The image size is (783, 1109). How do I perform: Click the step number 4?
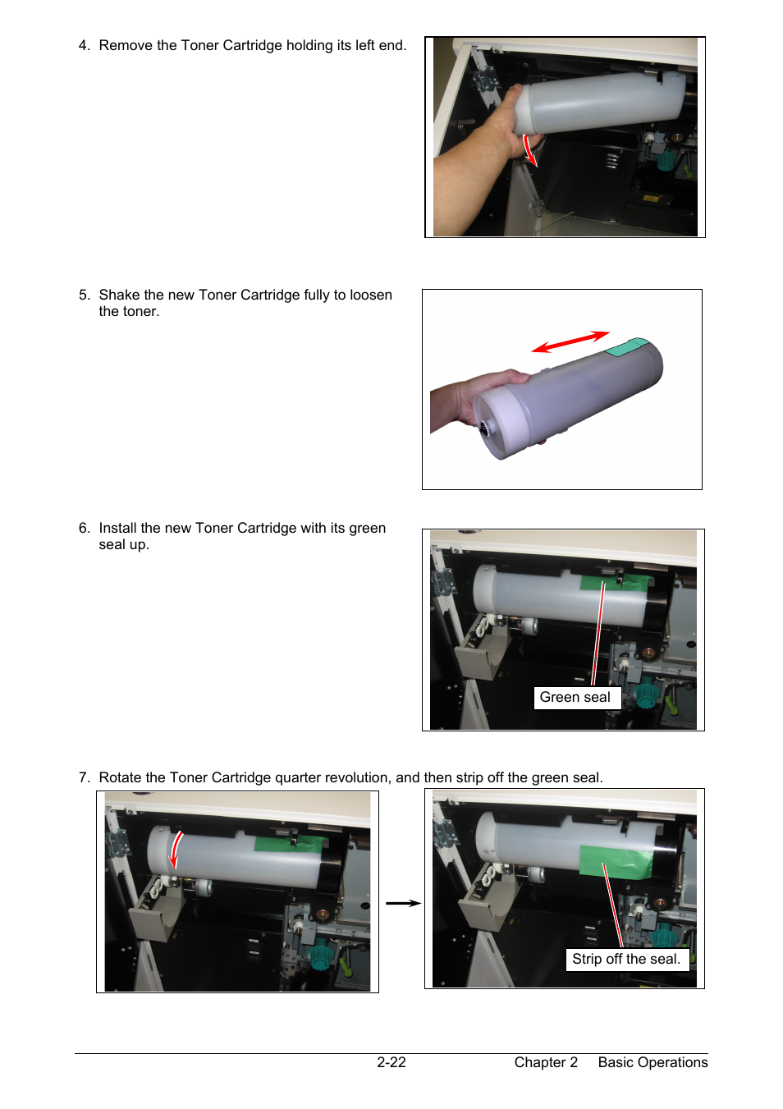pos(85,45)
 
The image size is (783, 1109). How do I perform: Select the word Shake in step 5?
pos(119,295)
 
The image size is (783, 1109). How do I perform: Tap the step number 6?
pos(85,529)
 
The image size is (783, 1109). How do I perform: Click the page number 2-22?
pos(391,1062)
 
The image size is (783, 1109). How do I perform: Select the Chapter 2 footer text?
pos(546,1062)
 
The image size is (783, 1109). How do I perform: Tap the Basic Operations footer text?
pos(652,1062)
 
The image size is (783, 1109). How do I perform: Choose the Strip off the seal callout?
pos(627,960)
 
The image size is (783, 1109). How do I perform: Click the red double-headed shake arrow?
pos(570,342)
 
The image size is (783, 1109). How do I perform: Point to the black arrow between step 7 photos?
pos(403,904)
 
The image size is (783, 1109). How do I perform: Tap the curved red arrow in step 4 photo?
pos(530,150)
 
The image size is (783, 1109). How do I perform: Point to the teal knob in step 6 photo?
pos(645,694)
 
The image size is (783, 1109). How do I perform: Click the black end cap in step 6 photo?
pos(658,604)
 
